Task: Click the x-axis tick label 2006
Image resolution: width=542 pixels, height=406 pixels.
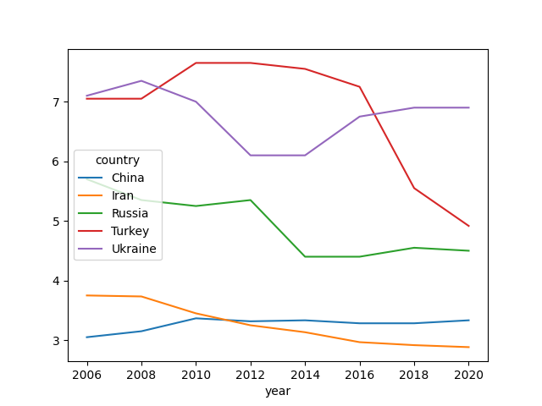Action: [x=86, y=375]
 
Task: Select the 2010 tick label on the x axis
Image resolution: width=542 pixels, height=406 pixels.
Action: [x=196, y=375]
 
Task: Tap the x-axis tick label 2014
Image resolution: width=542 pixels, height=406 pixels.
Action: [x=305, y=375]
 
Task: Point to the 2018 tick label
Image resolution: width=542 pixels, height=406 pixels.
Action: [x=414, y=375]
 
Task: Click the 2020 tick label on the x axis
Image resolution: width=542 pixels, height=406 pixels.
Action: [x=468, y=375]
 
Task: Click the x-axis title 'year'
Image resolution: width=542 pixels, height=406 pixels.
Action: [x=278, y=391]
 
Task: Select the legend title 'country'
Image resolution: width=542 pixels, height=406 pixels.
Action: [x=118, y=160]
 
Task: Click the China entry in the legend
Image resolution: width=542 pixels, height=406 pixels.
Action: [x=128, y=178]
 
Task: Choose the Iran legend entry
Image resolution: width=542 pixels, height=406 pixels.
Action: [x=124, y=195]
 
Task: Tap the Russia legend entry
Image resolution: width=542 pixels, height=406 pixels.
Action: [x=130, y=213]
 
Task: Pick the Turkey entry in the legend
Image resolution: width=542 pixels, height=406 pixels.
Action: [x=130, y=231]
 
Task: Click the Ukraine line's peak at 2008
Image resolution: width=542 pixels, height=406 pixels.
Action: [x=141, y=81]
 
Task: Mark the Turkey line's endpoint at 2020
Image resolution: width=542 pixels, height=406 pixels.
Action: [x=468, y=226]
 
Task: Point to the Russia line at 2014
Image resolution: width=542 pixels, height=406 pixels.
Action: [x=305, y=256]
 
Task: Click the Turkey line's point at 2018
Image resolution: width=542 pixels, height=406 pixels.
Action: [x=414, y=188]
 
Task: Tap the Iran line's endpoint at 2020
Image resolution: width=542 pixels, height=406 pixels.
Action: [x=468, y=347]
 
